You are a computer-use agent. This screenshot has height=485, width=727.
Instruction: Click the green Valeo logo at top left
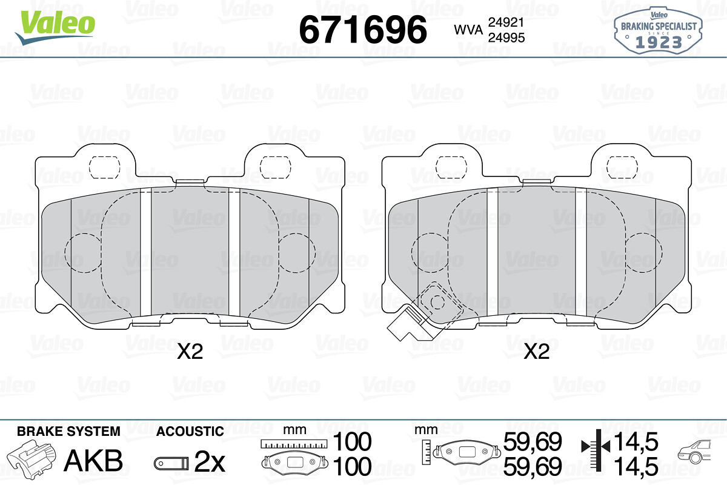55,27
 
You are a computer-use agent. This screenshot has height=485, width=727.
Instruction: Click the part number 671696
363,30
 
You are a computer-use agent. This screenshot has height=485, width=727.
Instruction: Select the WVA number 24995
506,38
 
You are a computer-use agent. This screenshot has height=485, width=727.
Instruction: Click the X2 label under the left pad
190,352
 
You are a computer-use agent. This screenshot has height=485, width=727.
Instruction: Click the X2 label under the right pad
537,352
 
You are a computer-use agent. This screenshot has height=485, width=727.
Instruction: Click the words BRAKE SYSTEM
68,432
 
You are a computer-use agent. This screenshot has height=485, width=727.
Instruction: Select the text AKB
93,460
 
